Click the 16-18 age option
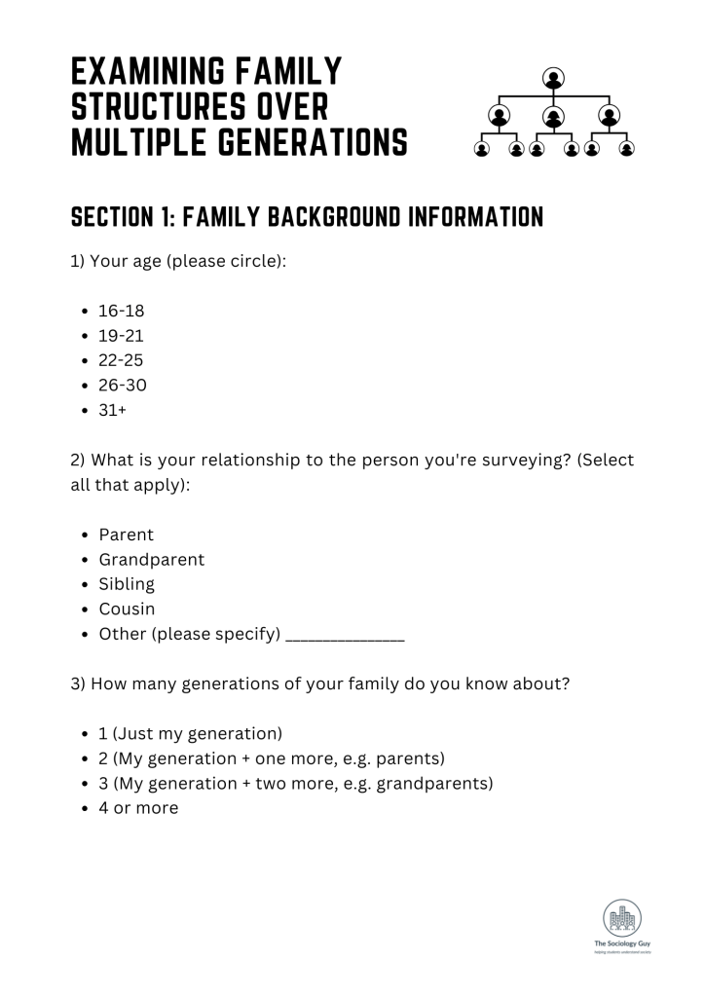(x=122, y=312)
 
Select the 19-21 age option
(x=122, y=336)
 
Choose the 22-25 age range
(x=122, y=360)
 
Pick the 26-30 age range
(x=123, y=386)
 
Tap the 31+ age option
(x=113, y=410)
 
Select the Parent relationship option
(x=126, y=535)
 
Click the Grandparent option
(x=151, y=560)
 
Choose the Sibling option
(x=127, y=585)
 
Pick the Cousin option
(x=127, y=609)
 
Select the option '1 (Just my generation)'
(x=190, y=733)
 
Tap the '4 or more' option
(x=138, y=807)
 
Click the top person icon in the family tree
(x=554, y=77)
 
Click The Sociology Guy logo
(x=621, y=926)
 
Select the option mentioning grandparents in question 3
(x=295, y=783)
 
